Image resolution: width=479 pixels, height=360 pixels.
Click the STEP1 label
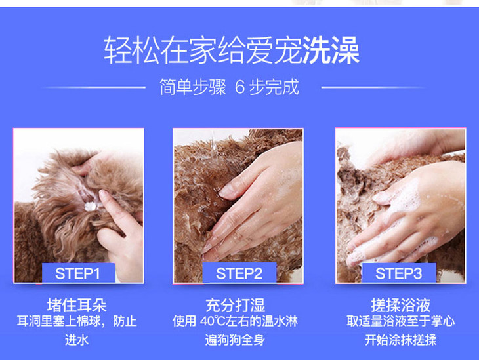[77, 273]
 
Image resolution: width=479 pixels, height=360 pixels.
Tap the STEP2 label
[239, 273]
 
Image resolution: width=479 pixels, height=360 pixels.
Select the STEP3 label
[398, 273]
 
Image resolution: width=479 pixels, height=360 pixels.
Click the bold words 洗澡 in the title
[331, 50]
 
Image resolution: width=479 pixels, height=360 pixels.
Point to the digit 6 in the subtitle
[240, 87]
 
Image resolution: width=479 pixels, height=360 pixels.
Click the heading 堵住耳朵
[77, 305]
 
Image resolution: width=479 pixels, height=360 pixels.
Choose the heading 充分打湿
[235, 305]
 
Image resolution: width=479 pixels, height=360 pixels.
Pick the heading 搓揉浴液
[401, 305]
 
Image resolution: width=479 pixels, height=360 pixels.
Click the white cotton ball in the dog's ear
[90, 207]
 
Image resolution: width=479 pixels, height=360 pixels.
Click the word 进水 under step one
[77, 340]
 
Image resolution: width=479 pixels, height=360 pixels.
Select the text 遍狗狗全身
[235, 340]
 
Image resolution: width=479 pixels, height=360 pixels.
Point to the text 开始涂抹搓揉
[400, 340]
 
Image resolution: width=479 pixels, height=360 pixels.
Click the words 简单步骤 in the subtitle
[193, 87]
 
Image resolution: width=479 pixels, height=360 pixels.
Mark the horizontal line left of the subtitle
[93, 87]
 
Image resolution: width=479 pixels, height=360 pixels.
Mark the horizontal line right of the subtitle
[373, 87]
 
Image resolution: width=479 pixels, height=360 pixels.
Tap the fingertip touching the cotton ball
[102, 194]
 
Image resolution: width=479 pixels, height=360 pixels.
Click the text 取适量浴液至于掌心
[401, 321]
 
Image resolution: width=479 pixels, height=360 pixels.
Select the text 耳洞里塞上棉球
[58, 321]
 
